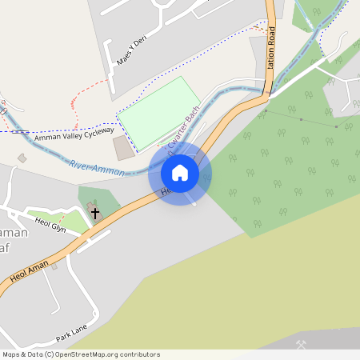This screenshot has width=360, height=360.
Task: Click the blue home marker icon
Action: pos(180,173)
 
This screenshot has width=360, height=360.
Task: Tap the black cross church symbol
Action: pos(95,214)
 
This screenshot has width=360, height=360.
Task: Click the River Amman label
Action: pos(97,168)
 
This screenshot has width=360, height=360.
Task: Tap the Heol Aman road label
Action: pos(30,270)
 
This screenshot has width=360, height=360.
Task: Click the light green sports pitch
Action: pos(159,113)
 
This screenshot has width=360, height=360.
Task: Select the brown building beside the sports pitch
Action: pos(124,148)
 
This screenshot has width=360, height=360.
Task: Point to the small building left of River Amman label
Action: pos(22,158)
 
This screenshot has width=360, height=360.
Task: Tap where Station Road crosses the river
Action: pos(267,91)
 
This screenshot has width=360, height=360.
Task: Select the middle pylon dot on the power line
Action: pos(301,118)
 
